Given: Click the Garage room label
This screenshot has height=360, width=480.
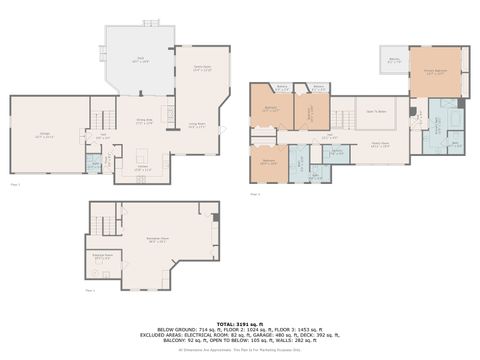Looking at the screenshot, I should (44, 134).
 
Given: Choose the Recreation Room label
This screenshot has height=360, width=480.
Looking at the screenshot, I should (156, 240).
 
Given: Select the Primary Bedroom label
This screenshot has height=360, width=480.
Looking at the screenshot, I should (435, 73).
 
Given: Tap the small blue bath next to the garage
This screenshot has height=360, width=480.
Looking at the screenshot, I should (93, 164).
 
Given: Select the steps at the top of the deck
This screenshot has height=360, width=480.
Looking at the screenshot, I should (150, 22).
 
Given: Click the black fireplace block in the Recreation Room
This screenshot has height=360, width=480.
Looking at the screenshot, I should (213, 217).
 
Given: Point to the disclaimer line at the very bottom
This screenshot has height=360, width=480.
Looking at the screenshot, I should (239, 351).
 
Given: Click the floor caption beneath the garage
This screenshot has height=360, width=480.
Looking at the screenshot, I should (15, 184).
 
